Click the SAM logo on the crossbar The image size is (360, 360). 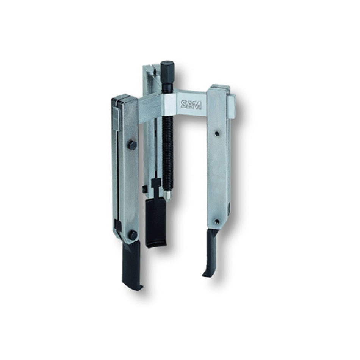click(x=191, y=105)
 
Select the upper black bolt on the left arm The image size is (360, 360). click(x=132, y=145)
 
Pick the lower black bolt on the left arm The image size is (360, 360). click(x=133, y=235)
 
